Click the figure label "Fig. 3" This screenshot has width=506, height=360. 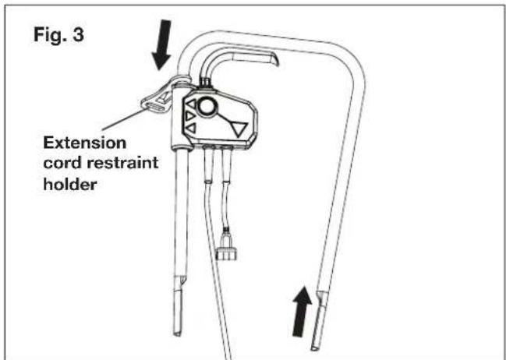(60, 37)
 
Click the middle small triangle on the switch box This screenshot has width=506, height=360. (189, 118)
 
